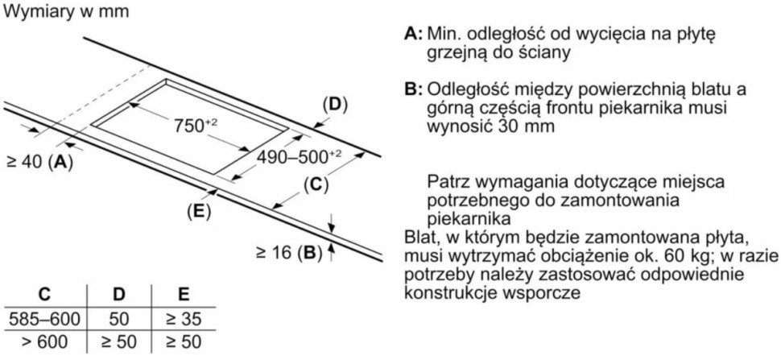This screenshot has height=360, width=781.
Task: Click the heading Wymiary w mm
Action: click(x=66, y=11)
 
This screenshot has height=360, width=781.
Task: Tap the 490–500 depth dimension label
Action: click(x=299, y=156)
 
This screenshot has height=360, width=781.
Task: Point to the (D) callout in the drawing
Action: click(x=335, y=105)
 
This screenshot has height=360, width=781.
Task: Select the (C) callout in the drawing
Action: click(x=316, y=185)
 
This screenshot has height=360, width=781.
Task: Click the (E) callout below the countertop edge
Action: click(x=199, y=212)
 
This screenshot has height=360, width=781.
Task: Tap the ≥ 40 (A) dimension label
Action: click(x=39, y=162)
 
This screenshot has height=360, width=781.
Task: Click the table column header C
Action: click(x=44, y=295)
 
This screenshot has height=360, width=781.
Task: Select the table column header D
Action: click(x=118, y=295)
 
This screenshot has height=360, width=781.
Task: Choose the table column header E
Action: click(x=184, y=295)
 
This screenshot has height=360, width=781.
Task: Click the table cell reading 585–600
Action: click(x=44, y=319)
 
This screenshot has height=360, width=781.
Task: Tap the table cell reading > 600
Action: click(x=44, y=342)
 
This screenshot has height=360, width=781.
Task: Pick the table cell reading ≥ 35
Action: click(x=184, y=319)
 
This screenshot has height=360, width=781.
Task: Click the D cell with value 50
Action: click(x=118, y=319)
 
